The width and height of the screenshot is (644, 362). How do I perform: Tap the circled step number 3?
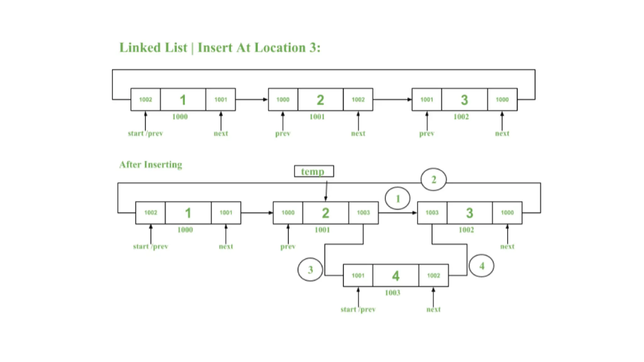coord(310,269)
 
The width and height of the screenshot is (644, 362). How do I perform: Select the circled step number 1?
coord(397,198)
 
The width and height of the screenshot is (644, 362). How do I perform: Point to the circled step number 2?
coord(433,179)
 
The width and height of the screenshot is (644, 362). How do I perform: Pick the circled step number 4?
coord(481,266)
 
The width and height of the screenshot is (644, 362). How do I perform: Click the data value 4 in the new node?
coord(396,276)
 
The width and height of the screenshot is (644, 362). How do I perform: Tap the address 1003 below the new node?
coord(392,293)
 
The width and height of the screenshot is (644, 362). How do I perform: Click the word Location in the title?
coord(280,48)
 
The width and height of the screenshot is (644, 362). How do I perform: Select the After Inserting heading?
coord(151,165)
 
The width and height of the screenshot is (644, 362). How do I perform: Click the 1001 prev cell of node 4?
coord(358,276)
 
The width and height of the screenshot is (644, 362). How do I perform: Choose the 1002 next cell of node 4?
coord(433,276)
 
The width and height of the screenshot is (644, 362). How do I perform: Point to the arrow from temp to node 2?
coord(326,190)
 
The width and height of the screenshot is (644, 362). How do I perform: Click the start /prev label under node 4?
coord(358,310)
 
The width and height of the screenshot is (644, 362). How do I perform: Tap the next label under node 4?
coord(433,310)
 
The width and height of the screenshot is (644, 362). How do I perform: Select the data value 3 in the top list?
coord(464,100)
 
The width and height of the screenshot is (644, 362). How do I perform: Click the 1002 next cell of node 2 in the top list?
coord(358,100)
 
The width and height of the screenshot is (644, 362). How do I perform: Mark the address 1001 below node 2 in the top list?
coord(317,117)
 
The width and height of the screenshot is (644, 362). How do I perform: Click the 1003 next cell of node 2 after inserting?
coord(363,213)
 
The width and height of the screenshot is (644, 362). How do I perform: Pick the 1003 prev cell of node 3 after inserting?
coord(432,213)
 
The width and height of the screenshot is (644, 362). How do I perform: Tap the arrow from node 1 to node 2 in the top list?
coord(252,99)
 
